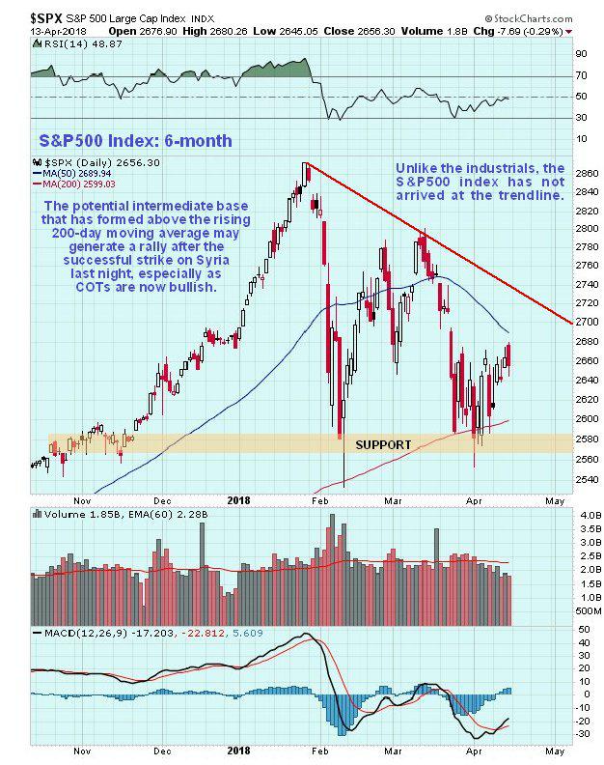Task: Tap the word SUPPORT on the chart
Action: [x=383, y=444]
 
